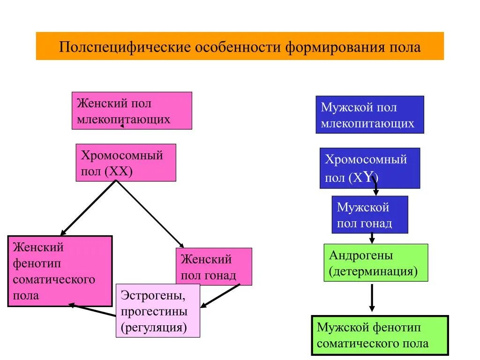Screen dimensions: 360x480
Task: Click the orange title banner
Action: click(240, 46)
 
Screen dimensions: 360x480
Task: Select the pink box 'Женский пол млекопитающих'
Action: click(132, 111)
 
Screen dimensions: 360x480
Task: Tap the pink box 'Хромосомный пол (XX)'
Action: click(126, 162)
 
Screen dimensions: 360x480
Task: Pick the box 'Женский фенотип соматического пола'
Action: click(60, 271)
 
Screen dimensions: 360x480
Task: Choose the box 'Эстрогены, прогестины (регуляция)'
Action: click(157, 310)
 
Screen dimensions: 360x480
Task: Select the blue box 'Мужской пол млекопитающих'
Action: click(369, 115)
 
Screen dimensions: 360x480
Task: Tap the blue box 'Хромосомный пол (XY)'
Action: click(369, 168)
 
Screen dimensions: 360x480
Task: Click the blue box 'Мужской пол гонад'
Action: click(369, 214)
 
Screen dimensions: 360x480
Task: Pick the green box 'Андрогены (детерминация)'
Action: click(375, 262)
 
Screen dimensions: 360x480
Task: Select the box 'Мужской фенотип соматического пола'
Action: click(380, 336)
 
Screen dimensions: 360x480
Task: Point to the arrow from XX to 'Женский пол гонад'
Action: click(150, 214)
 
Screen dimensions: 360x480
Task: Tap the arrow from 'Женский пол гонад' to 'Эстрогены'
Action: click(220, 296)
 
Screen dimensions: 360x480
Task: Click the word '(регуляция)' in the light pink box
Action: click(154, 327)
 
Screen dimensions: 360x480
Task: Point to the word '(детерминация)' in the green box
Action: click(373, 271)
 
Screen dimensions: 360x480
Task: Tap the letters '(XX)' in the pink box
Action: click(119, 172)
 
